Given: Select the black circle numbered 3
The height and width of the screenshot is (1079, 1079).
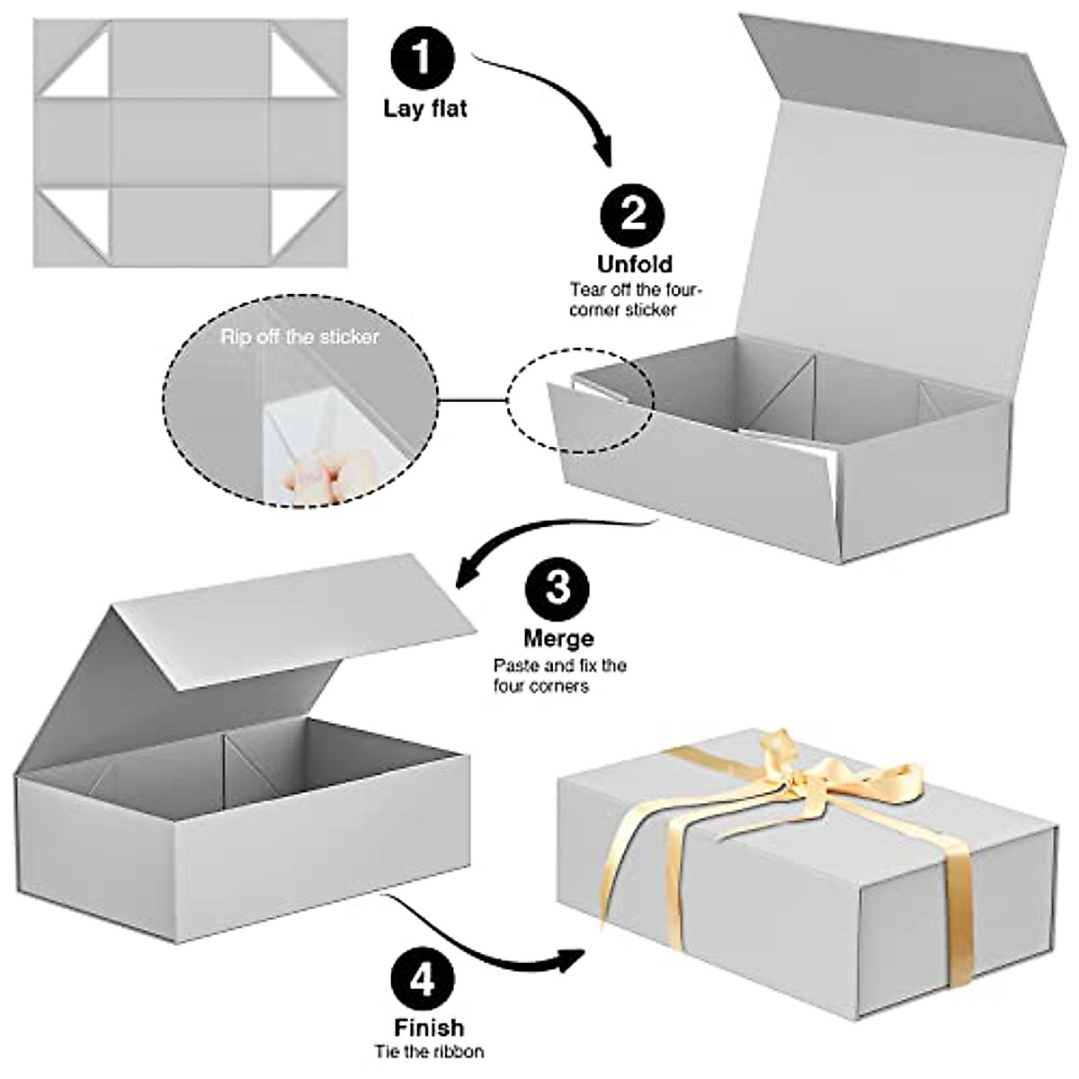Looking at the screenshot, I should point(558,590).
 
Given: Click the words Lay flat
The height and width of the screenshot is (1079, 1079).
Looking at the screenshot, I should point(425,110).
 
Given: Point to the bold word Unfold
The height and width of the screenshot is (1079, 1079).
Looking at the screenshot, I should point(635,263).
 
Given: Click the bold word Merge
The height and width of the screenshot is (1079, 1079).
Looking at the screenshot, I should point(558,639).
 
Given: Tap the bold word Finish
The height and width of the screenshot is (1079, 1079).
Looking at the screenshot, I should point(429,1027).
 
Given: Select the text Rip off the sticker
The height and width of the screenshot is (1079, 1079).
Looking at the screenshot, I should point(300,338).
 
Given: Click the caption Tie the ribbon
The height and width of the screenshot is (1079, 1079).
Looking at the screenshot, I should point(429,1051).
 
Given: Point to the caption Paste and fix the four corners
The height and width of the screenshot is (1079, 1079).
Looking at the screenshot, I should point(558,676).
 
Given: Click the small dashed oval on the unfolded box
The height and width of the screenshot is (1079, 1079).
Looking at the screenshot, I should point(581,401).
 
